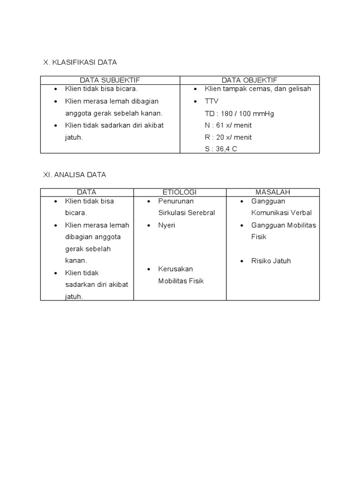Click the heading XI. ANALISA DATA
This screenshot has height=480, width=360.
click(75, 174)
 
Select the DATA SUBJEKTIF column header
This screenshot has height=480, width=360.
click(110, 80)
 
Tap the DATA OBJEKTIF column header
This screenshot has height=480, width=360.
click(249, 80)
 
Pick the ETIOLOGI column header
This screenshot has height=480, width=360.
click(180, 192)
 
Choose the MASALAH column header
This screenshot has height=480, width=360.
click(273, 192)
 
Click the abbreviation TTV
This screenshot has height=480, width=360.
click(212, 101)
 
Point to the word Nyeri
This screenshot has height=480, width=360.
click(167, 225)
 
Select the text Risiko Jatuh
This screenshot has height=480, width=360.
click(271, 261)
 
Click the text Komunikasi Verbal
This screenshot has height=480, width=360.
click(281, 213)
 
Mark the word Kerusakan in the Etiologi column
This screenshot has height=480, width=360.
click(176, 269)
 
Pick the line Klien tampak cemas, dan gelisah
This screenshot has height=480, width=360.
click(258, 89)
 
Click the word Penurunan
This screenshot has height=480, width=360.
click(176, 201)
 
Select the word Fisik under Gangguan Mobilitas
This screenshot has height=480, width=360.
click(259, 237)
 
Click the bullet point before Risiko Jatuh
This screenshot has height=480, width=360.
click(242, 261)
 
